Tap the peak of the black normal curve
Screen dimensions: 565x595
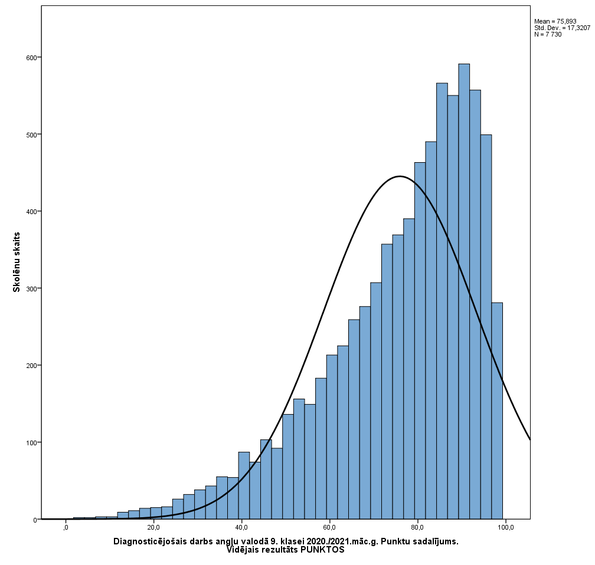click(400, 176)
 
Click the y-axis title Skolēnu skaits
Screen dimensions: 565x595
click(17, 262)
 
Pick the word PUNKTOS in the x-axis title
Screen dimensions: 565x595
click(322, 550)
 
